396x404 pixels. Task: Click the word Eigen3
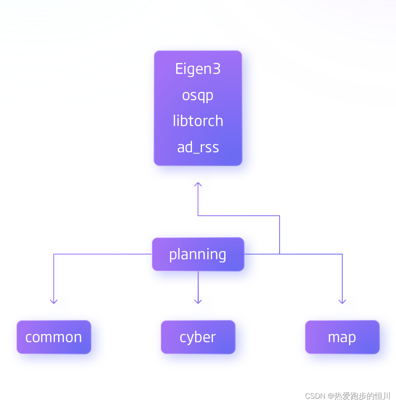click(198, 69)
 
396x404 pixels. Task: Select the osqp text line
click(198, 96)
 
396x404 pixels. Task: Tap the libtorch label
click(198, 121)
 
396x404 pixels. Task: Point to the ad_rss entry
click(198, 147)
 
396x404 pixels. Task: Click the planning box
click(198, 254)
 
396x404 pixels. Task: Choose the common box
click(54, 337)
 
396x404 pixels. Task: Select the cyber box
click(198, 337)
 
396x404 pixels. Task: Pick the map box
click(342, 337)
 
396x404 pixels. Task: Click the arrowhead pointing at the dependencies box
click(198, 185)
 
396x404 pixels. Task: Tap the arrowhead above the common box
click(54, 301)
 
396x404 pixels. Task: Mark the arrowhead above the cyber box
click(198, 301)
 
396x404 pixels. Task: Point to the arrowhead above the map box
click(342, 301)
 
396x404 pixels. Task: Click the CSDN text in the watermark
click(315, 396)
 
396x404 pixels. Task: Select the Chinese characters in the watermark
click(362, 396)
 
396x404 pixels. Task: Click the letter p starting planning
click(173, 255)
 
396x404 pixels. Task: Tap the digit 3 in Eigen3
click(217, 69)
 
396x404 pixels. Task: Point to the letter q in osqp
click(200, 97)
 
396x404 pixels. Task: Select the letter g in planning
click(222, 256)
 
